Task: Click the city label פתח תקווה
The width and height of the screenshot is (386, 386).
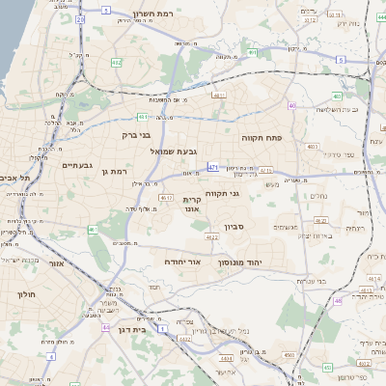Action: pyautogui.click(x=288, y=138)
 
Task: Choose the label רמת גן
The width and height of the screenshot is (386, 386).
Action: pyautogui.click(x=114, y=172)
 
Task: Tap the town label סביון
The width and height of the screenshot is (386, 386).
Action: pyautogui.click(x=235, y=227)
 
